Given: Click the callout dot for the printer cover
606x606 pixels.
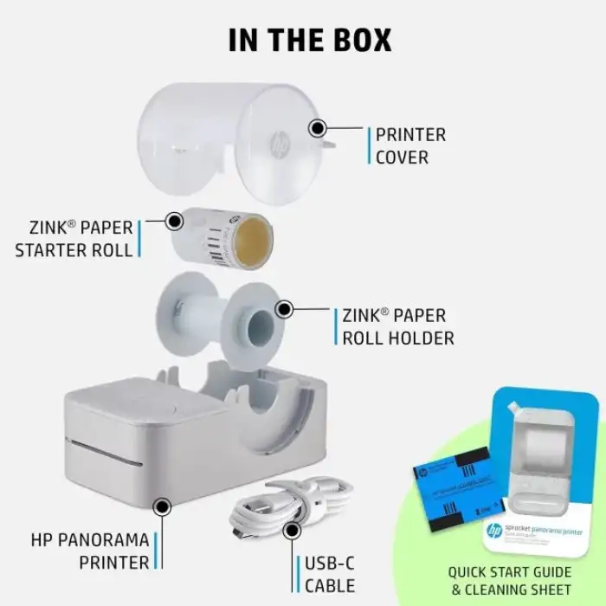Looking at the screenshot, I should [x=318, y=129].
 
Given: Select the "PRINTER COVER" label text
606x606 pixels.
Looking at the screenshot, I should [x=410, y=146].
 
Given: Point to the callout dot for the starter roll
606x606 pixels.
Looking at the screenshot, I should [x=175, y=221].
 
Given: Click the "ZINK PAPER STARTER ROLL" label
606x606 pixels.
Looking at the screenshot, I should [x=74, y=239].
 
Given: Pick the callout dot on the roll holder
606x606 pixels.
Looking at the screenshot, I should [x=283, y=308].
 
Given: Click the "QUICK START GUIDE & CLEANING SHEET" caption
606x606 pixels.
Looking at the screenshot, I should [x=509, y=580].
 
